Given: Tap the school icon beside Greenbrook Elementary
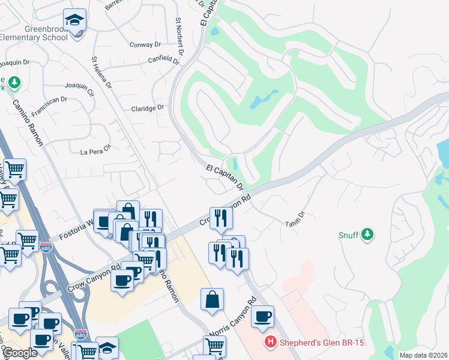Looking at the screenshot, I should tap(74, 22).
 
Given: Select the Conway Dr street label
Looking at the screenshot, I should tap(145, 44).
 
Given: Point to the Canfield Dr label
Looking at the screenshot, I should tap(164, 61).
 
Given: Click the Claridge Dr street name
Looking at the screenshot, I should tap(147, 108).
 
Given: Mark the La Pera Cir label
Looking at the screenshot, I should tap(96, 149).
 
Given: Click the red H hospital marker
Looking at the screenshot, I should tap(271, 343).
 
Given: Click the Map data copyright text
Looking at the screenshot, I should tap(423, 355).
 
